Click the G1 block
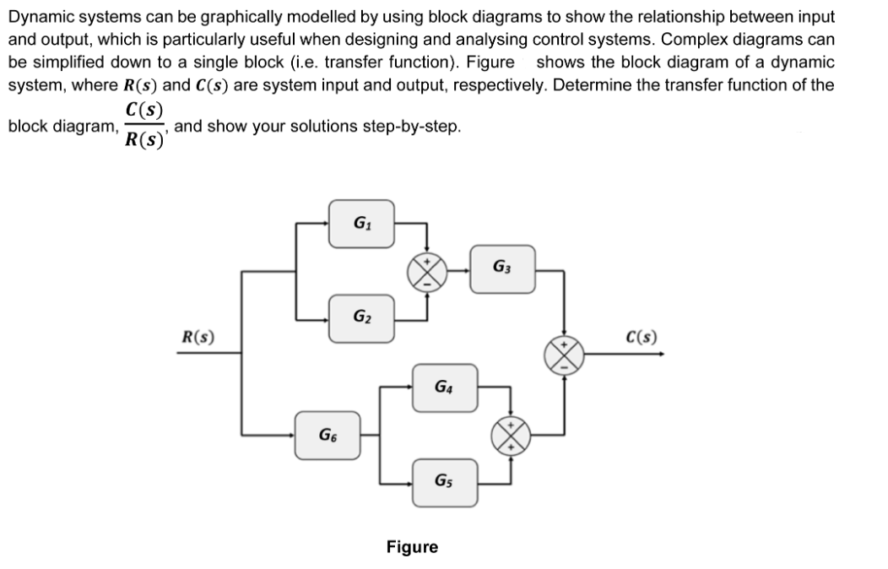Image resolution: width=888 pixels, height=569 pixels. point(361,223)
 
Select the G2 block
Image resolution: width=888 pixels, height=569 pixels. point(361,318)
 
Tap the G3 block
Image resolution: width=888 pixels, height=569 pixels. point(502,269)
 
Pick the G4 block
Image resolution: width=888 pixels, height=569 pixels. point(445,387)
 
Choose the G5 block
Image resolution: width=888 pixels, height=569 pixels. point(445,482)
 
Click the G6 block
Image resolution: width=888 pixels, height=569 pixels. point(327,435)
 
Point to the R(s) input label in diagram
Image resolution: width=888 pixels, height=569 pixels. point(198,338)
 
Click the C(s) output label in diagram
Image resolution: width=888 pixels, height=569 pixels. point(642,339)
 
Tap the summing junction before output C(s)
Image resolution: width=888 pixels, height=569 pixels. point(565,355)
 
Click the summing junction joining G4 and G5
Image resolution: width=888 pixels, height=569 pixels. point(511,435)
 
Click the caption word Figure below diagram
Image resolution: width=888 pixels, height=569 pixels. point(412,547)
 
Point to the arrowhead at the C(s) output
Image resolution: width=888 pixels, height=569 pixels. point(659,355)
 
